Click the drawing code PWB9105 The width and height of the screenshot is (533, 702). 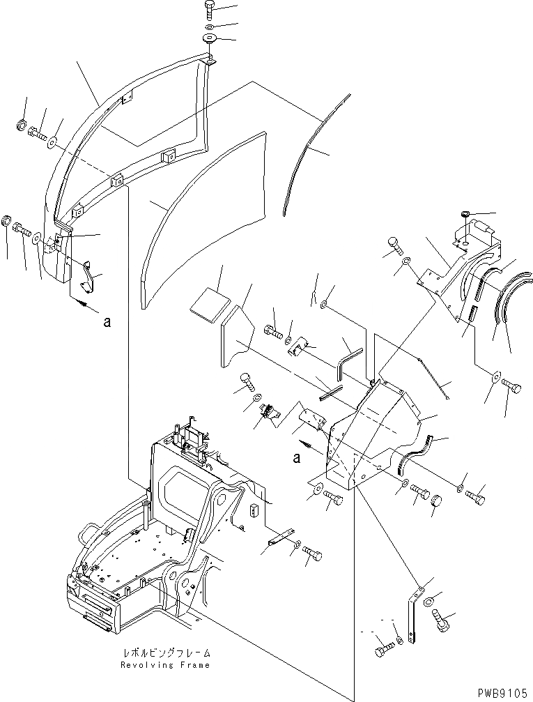503,693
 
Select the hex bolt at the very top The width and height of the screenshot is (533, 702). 209,9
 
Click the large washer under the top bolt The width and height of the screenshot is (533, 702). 209,38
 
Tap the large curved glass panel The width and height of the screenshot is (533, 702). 202,216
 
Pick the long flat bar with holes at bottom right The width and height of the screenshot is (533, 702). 415,614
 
